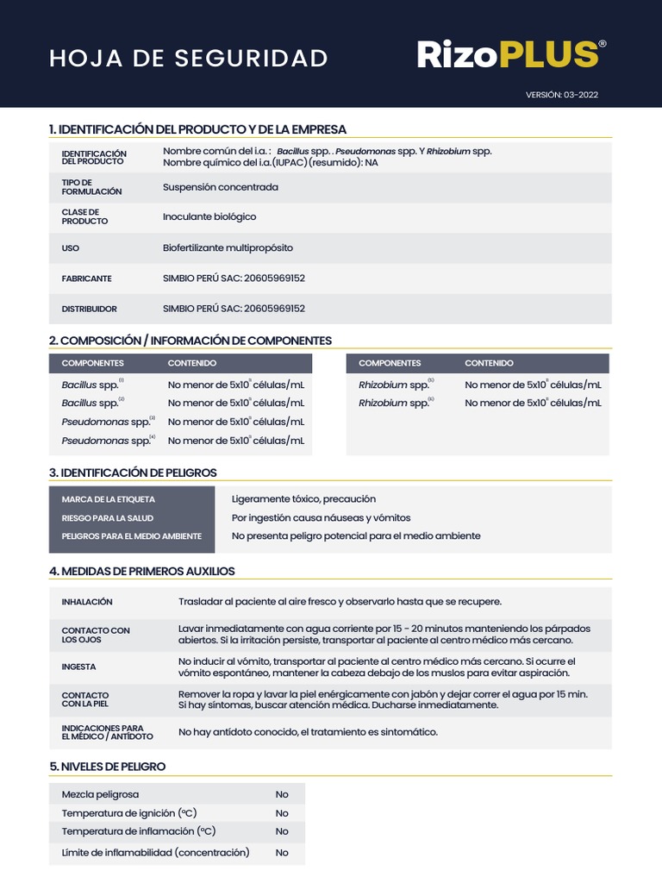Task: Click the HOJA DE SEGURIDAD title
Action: pyautogui.click(x=189, y=58)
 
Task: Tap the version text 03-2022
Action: pyautogui.click(x=561, y=95)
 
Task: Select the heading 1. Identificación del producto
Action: pyautogui.click(x=197, y=129)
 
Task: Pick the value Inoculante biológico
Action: pyautogui.click(x=209, y=217)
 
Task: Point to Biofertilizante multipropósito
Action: pyautogui.click(x=228, y=248)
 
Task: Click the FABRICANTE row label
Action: pyautogui.click(x=86, y=279)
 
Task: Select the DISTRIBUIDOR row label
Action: pyautogui.click(x=89, y=309)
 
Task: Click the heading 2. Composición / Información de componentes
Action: pyautogui.click(x=190, y=341)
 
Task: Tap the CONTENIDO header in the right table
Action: pyautogui.click(x=489, y=363)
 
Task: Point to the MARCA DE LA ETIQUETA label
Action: pyautogui.click(x=109, y=499)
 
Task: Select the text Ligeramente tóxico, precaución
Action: pyautogui.click(x=303, y=499)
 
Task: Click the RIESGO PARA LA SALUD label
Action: pyautogui.click(x=108, y=518)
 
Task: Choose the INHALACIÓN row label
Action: pyautogui.click(x=87, y=602)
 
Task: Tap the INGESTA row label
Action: pyautogui.click(x=79, y=667)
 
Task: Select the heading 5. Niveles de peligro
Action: pyautogui.click(x=107, y=767)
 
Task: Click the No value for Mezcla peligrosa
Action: pyautogui.click(x=282, y=794)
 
